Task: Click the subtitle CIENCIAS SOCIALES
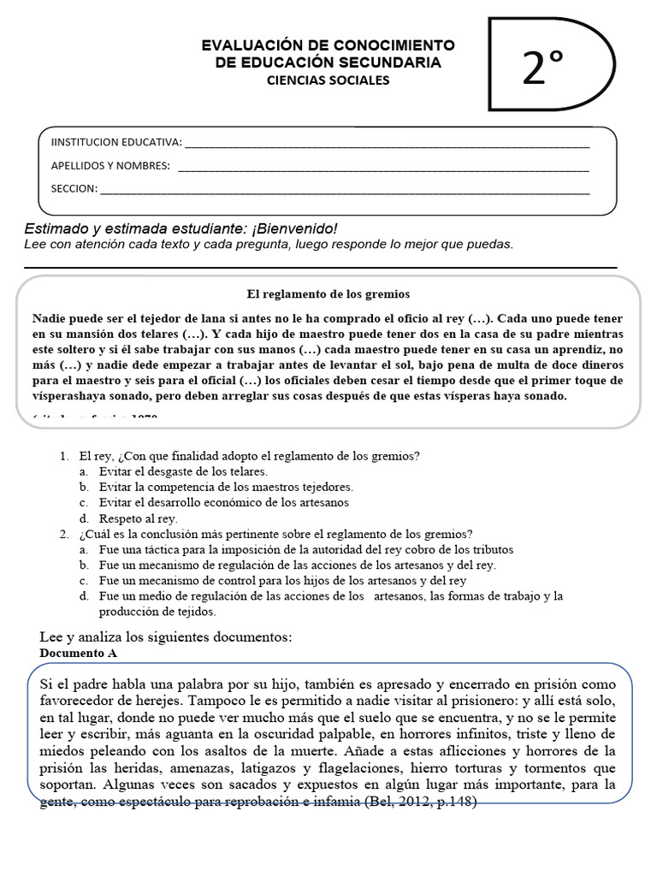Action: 328,80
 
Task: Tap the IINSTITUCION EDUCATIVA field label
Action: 117,142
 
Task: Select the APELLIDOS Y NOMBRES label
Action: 110,165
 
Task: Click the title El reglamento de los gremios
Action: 328,293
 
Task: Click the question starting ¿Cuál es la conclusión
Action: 274,534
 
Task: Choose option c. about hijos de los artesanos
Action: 274,580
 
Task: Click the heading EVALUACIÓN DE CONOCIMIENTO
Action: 328,45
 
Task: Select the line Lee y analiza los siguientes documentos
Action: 166,637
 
